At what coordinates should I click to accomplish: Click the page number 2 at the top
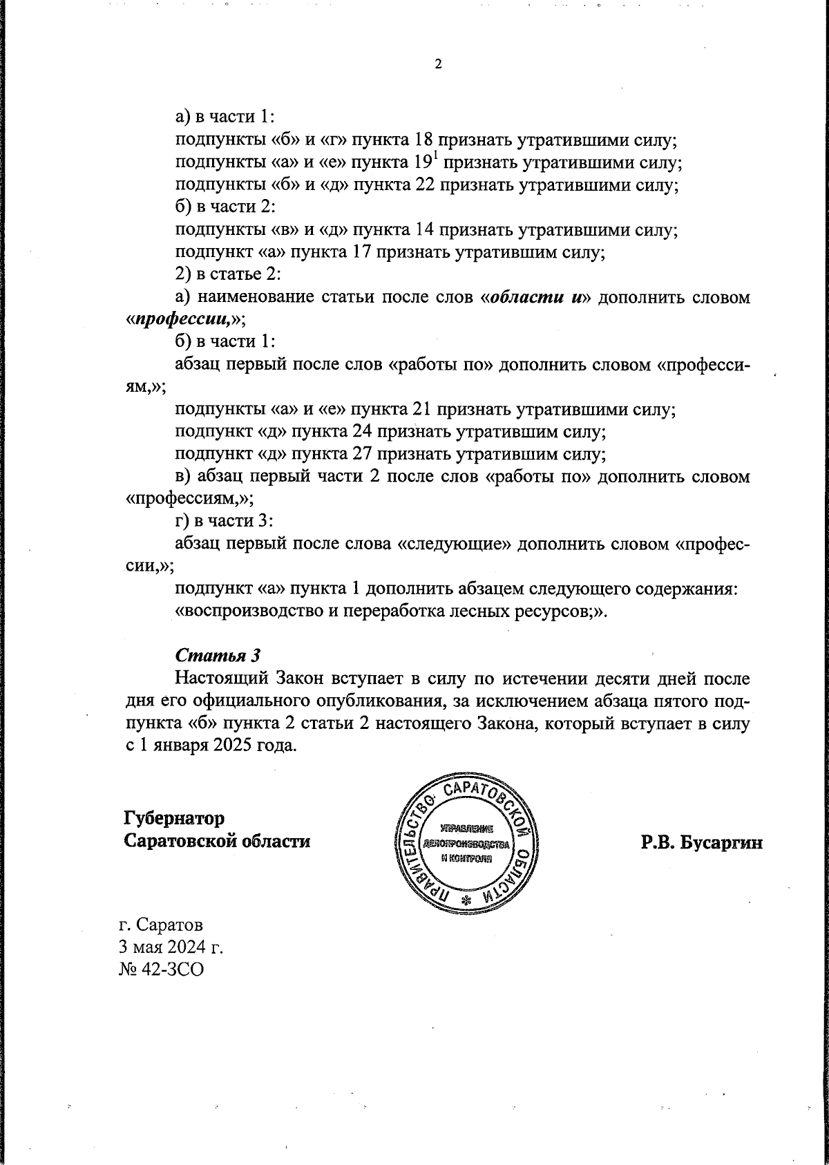point(437,64)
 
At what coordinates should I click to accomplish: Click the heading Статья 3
point(218,654)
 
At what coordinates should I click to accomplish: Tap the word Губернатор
point(174,818)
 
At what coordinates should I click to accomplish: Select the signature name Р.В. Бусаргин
point(701,842)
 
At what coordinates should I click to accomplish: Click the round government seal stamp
point(466,844)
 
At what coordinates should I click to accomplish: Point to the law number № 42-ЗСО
point(162,969)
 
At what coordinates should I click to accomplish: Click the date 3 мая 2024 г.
point(173,947)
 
